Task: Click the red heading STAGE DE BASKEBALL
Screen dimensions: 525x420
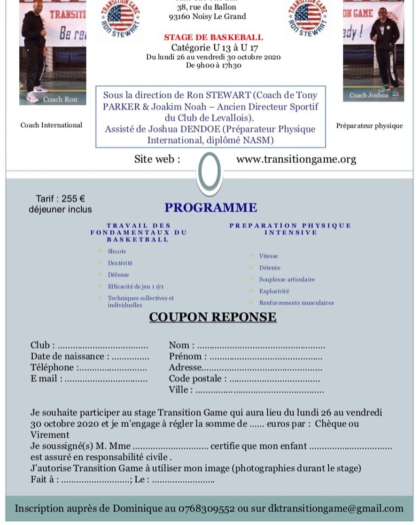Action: [x=213, y=38]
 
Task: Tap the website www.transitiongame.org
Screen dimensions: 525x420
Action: [x=296, y=159]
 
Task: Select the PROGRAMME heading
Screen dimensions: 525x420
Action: [x=210, y=208]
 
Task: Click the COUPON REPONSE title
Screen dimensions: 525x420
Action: [x=212, y=317]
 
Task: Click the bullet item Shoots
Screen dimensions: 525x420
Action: [x=117, y=251]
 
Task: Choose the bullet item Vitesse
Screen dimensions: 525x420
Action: [x=268, y=256]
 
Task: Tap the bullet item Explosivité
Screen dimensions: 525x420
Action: [x=274, y=291]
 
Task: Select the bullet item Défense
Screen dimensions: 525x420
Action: [x=118, y=275]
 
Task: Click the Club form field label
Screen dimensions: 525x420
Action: [x=39, y=346]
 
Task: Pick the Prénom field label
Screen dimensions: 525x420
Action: [x=185, y=356]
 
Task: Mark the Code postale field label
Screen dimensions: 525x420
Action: [x=198, y=378]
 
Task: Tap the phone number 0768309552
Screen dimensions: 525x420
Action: [x=206, y=508]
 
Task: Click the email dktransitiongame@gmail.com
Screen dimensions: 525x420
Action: [x=335, y=508]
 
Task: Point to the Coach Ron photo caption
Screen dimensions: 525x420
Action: [x=60, y=99]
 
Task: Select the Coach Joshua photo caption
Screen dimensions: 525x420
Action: [x=369, y=95]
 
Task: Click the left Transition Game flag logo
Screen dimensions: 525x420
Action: [x=121, y=18]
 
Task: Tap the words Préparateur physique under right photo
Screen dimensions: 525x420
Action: [x=369, y=126]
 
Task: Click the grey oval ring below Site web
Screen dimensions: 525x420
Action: [x=209, y=172]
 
